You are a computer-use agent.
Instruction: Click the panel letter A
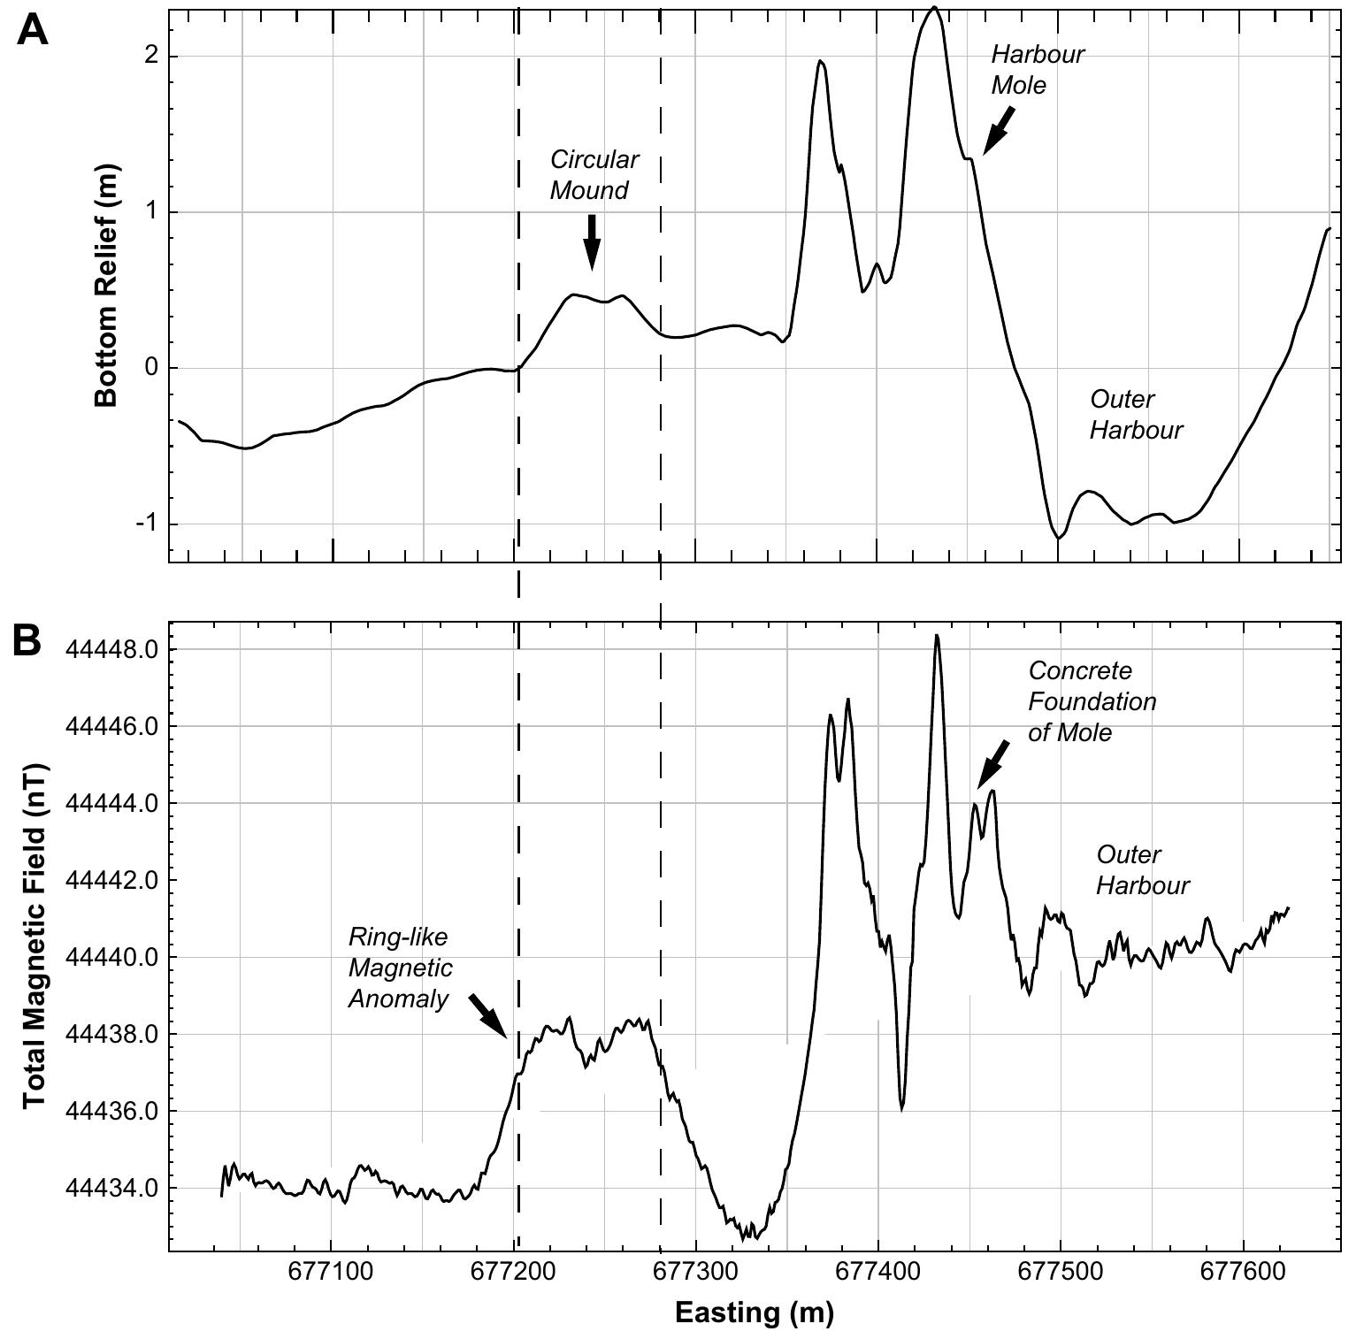pyautogui.click(x=32, y=31)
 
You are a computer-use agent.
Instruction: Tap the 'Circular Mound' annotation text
pyautogui.click(x=594, y=175)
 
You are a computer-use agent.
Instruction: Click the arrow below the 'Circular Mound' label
pyautogui.click(x=592, y=241)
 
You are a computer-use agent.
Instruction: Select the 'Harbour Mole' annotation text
pyautogui.click(x=1037, y=70)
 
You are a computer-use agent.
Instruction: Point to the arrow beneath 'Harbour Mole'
pyautogui.click(x=998, y=131)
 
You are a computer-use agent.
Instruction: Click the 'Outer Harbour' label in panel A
pyautogui.click(x=1135, y=415)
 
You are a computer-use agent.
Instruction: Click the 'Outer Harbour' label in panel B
pyautogui.click(x=1142, y=870)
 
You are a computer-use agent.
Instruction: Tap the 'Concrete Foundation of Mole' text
pyautogui.click(x=1092, y=701)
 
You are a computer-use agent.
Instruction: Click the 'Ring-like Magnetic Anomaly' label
pyautogui.click(x=400, y=968)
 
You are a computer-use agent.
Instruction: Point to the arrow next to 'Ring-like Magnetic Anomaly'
pyautogui.click(x=487, y=1015)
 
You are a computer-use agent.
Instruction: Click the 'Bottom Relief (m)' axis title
pyautogui.click(x=107, y=287)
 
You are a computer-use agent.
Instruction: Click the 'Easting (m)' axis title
pyautogui.click(x=754, y=1312)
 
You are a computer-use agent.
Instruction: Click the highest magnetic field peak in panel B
pyautogui.click(x=936, y=636)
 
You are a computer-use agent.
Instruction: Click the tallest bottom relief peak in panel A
pyautogui.click(x=934, y=9)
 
